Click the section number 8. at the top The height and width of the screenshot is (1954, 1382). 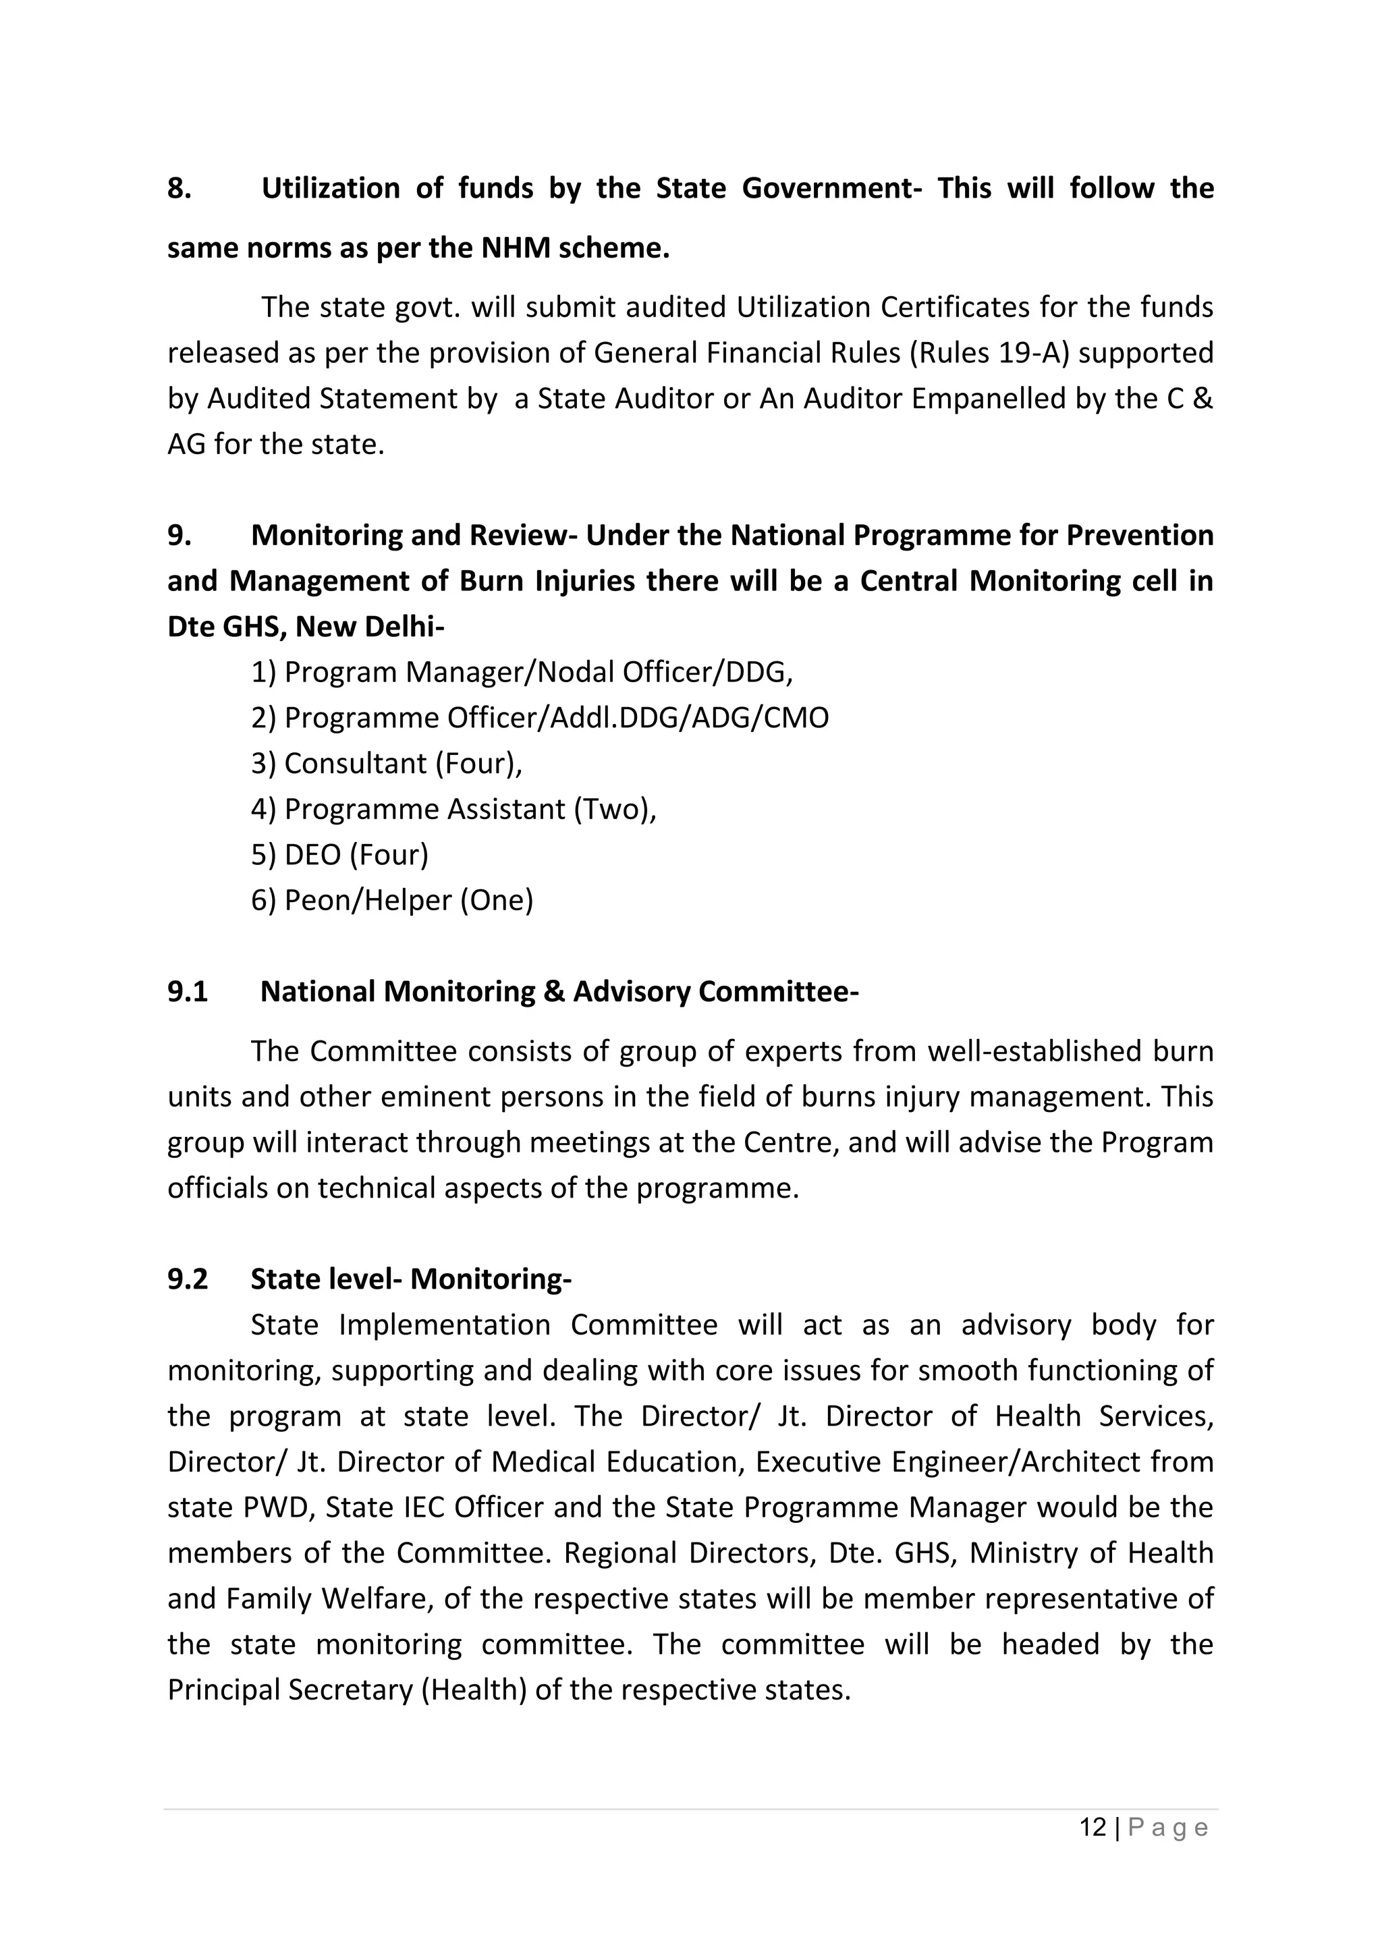pyautogui.click(x=179, y=188)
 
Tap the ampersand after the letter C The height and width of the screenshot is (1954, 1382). pyautogui.click(x=1203, y=398)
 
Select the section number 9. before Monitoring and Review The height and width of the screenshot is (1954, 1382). pyautogui.click(x=179, y=535)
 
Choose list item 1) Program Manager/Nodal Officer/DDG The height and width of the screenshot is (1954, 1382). pyautogui.click(x=522, y=672)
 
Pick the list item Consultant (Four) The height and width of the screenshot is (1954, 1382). pyautogui.click(x=387, y=763)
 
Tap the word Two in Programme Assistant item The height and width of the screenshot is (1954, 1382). pyautogui.click(x=612, y=808)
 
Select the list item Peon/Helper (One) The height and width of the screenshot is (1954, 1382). pyautogui.click(x=392, y=899)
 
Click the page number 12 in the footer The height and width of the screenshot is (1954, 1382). pyautogui.click(x=1093, y=1828)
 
